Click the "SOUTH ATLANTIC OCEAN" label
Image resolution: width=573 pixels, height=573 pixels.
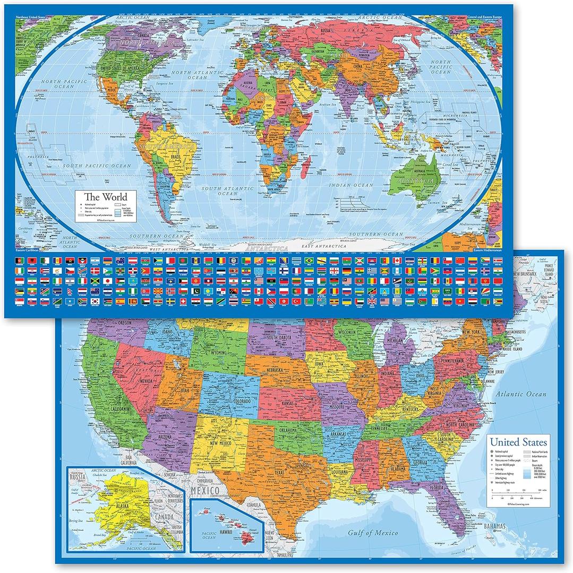coord(230,190)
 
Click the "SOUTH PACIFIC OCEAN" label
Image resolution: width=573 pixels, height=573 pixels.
coord(96,166)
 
